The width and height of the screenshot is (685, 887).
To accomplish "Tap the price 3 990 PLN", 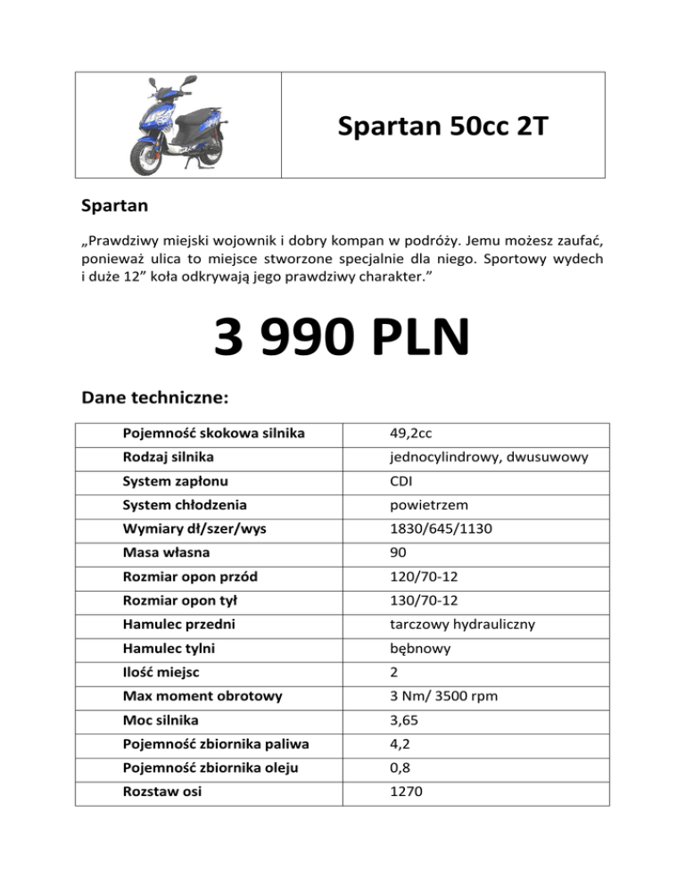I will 342,340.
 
